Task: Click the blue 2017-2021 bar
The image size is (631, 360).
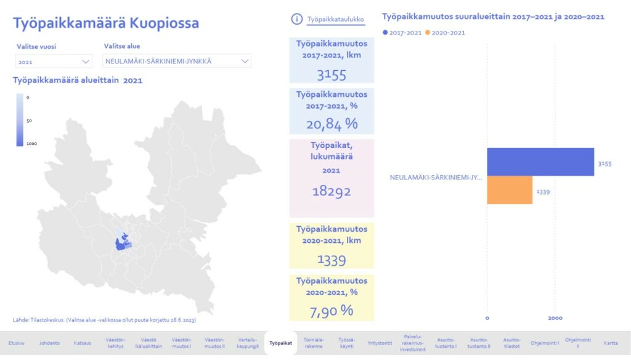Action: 540,162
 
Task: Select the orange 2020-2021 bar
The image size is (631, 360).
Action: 509,190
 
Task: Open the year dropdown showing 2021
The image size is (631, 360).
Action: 54,62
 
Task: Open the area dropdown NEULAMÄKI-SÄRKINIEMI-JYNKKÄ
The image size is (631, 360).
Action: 177,62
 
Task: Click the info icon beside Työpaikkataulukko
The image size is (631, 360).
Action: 296,19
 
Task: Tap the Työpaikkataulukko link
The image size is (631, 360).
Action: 336,20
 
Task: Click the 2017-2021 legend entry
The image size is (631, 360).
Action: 401,33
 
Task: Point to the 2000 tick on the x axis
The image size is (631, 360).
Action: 555,318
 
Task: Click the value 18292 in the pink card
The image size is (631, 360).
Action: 332,192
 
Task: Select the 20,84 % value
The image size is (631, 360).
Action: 332,124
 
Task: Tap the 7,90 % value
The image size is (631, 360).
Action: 332,310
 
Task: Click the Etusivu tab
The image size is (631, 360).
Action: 16,343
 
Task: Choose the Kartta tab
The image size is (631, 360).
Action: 611,343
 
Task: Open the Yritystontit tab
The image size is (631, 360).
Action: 380,343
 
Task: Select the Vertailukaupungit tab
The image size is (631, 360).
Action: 248,343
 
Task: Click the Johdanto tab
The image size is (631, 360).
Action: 49,343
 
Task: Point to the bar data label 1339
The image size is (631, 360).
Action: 543,192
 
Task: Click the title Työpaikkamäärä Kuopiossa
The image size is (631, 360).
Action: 106,23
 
